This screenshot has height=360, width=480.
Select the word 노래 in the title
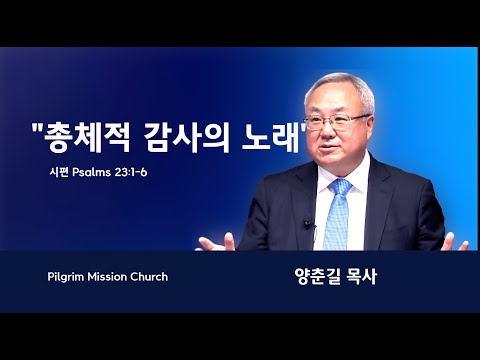[x=271, y=137]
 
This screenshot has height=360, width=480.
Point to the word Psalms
[x=91, y=172]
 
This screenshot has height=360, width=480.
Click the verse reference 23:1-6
[x=131, y=172]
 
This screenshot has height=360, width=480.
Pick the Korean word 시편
[x=59, y=172]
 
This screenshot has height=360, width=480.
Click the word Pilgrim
[x=66, y=277]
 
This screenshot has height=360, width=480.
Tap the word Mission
[x=107, y=277]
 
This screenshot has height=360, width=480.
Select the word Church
[x=149, y=277]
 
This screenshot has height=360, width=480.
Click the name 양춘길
[x=315, y=277]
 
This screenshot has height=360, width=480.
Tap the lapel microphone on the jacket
[x=308, y=223]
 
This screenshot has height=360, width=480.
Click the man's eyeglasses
[x=337, y=121]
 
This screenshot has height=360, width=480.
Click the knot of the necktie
[x=340, y=187]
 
